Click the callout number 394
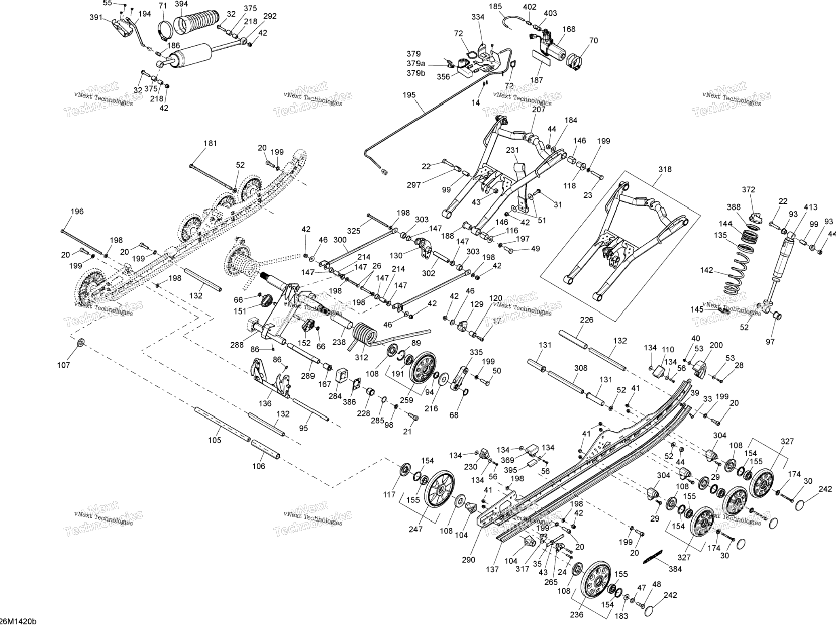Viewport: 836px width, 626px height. [x=181, y=4]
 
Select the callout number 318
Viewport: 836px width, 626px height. [x=665, y=169]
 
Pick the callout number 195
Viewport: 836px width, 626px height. [x=409, y=95]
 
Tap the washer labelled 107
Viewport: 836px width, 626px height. [x=81, y=343]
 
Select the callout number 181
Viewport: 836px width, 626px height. [x=210, y=143]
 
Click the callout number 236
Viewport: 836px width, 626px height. [x=576, y=614]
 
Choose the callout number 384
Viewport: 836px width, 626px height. [x=675, y=569]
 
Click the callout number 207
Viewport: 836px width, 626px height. [x=539, y=109]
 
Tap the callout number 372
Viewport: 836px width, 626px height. [x=748, y=190]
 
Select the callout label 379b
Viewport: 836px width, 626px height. [x=416, y=73]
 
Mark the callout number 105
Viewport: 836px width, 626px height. [x=214, y=440]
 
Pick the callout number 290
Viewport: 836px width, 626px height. [x=468, y=560]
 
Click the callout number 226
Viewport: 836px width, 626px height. [x=586, y=320]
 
